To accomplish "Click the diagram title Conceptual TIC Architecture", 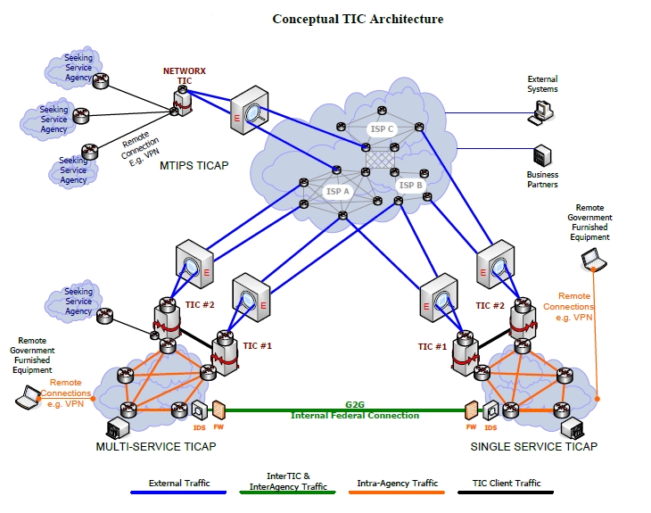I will (x=357, y=19).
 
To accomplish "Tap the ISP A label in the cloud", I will (x=338, y=191).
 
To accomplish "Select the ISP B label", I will (x=411, y=186).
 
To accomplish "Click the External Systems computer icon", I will (x=541, y=112).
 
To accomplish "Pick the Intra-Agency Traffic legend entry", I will (x=398, y=484).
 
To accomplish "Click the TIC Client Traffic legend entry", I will (x=507, y=484).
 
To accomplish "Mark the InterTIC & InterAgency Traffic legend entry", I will (x=288, y=482).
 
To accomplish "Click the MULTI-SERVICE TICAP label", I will (x=155, y=446).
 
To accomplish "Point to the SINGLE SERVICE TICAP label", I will (x=533, y=446).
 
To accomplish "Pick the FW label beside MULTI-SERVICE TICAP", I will (x=218, y=427).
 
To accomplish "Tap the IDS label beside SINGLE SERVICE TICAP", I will (x=490, y=427).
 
